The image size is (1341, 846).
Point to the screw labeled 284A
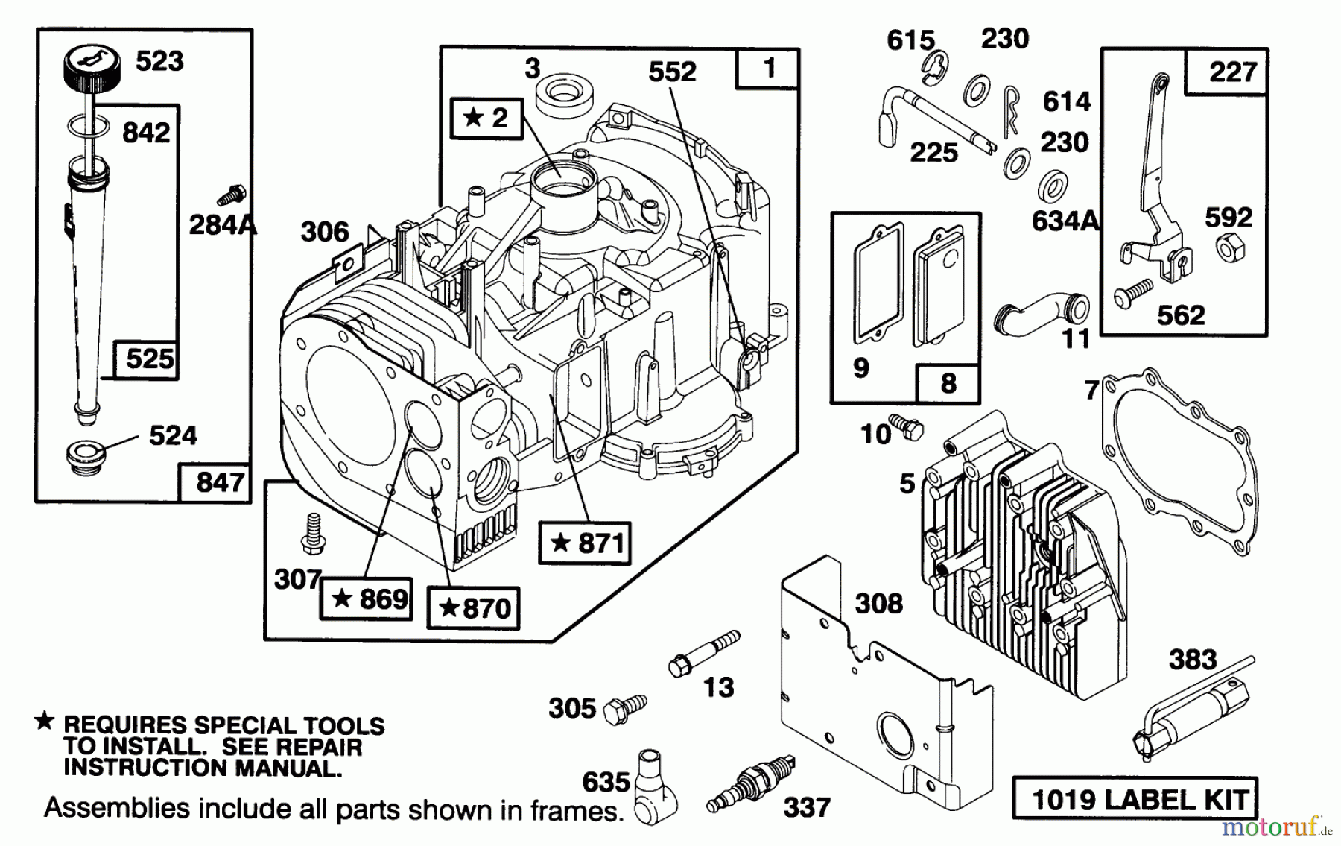[232, 195]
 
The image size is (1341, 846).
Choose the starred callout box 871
[586, 542]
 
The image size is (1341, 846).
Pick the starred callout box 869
[367, 599]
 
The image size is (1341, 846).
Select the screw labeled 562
[1132, 292]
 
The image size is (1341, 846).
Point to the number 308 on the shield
[878, 603]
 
